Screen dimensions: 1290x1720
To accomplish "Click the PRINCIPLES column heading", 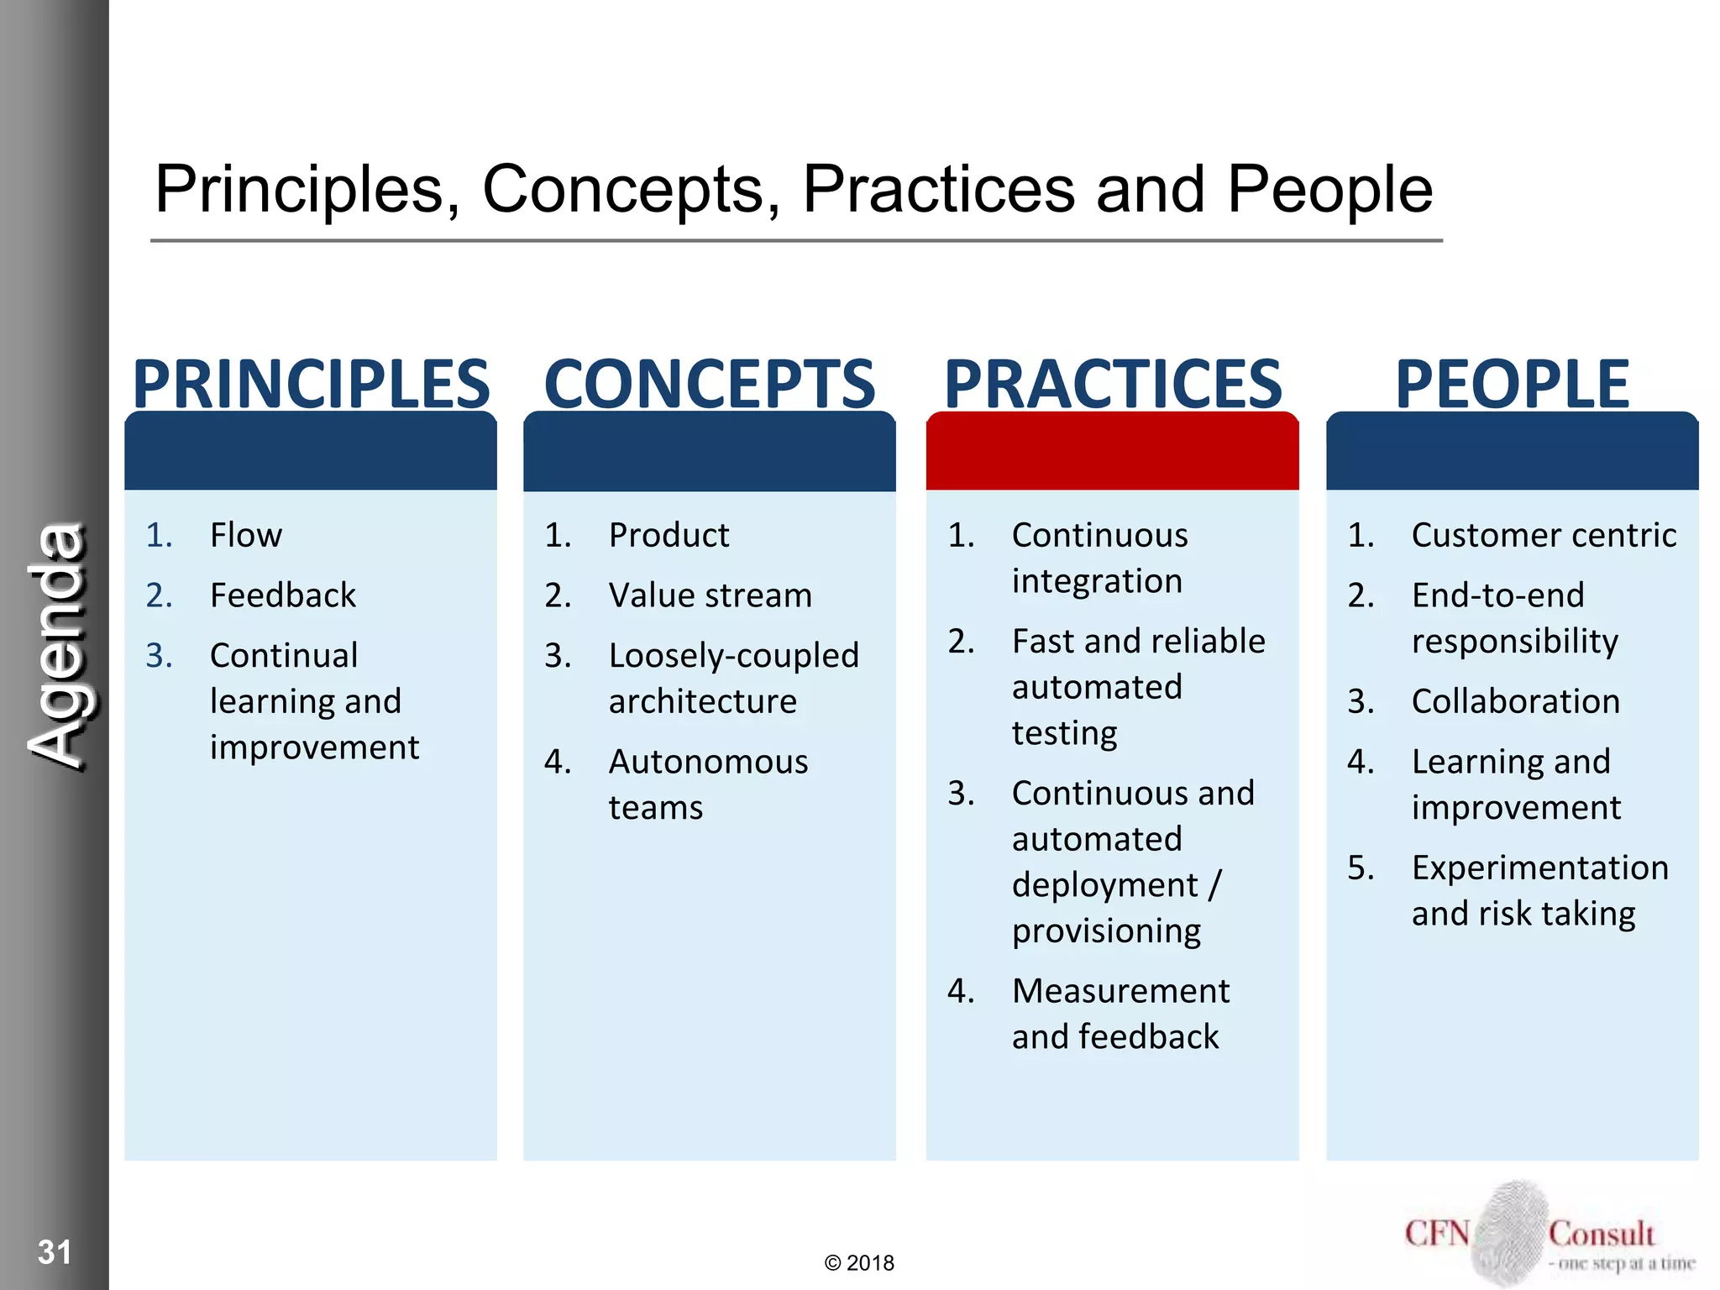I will tap(311, 384).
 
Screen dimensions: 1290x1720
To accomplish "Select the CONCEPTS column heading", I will tap(710, 384).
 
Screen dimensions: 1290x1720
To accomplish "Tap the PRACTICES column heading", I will tap(1113, 384).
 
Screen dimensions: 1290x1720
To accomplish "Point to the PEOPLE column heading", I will tap(1512, 384).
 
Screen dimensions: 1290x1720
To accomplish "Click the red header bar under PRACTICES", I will tap(1112, 452).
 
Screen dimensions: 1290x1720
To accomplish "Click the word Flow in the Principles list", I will tap(246, 535).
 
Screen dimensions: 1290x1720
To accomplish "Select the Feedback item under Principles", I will tap(283, 595).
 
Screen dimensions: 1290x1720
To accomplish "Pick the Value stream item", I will tap(710, 595).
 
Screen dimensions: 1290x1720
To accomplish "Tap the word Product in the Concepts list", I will tap(669, 535).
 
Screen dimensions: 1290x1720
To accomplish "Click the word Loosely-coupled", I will tap(733, 656).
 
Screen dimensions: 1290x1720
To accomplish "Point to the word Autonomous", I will tap(708, 762).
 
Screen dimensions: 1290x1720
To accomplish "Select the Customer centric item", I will tap(1544, 535).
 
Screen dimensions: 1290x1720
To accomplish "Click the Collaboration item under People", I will tap(1515, 701).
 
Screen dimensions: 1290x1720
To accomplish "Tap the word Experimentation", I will tap(1539, 868).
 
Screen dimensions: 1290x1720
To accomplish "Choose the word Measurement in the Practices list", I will tap(1120, 991).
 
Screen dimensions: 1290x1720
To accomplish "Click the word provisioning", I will tap(1106, 931).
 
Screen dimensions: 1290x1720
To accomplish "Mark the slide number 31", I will tap(55, 1252).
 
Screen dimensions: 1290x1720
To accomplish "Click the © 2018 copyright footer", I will tap(859, 1263).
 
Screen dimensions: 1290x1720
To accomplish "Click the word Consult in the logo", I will tap(1601, 1235).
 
